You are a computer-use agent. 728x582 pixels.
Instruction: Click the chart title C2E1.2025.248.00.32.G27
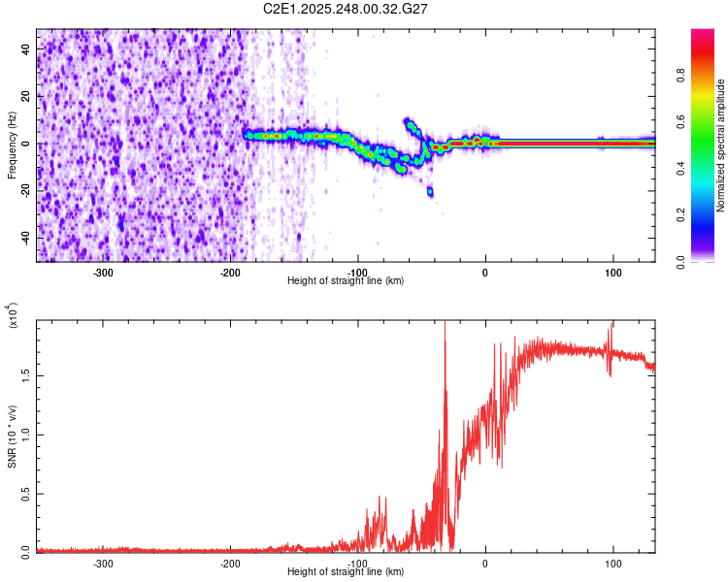tap(346, 9)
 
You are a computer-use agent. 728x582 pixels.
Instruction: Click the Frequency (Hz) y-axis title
tap(13, 145)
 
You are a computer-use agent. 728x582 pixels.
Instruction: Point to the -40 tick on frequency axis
tap(26, 239)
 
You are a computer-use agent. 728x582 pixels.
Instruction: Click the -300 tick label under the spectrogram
tap(103, 272)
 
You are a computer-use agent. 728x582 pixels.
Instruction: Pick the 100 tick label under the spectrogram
tap(612, 272)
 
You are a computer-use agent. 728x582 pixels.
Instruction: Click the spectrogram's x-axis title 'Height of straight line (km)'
tap(346, 281)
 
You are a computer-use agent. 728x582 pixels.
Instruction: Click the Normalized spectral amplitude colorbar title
tap(721, 145)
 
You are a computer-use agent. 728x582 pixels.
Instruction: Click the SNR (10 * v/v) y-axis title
tap(13, 436)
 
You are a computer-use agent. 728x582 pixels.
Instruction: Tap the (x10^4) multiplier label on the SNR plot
tap(13, 316)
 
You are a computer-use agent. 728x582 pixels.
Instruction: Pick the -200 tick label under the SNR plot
tap(230, 564)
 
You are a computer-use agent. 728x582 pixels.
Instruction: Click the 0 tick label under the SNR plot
tap(485, 564)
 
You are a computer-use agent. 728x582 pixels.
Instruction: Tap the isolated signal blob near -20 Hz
tap(430, 191)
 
